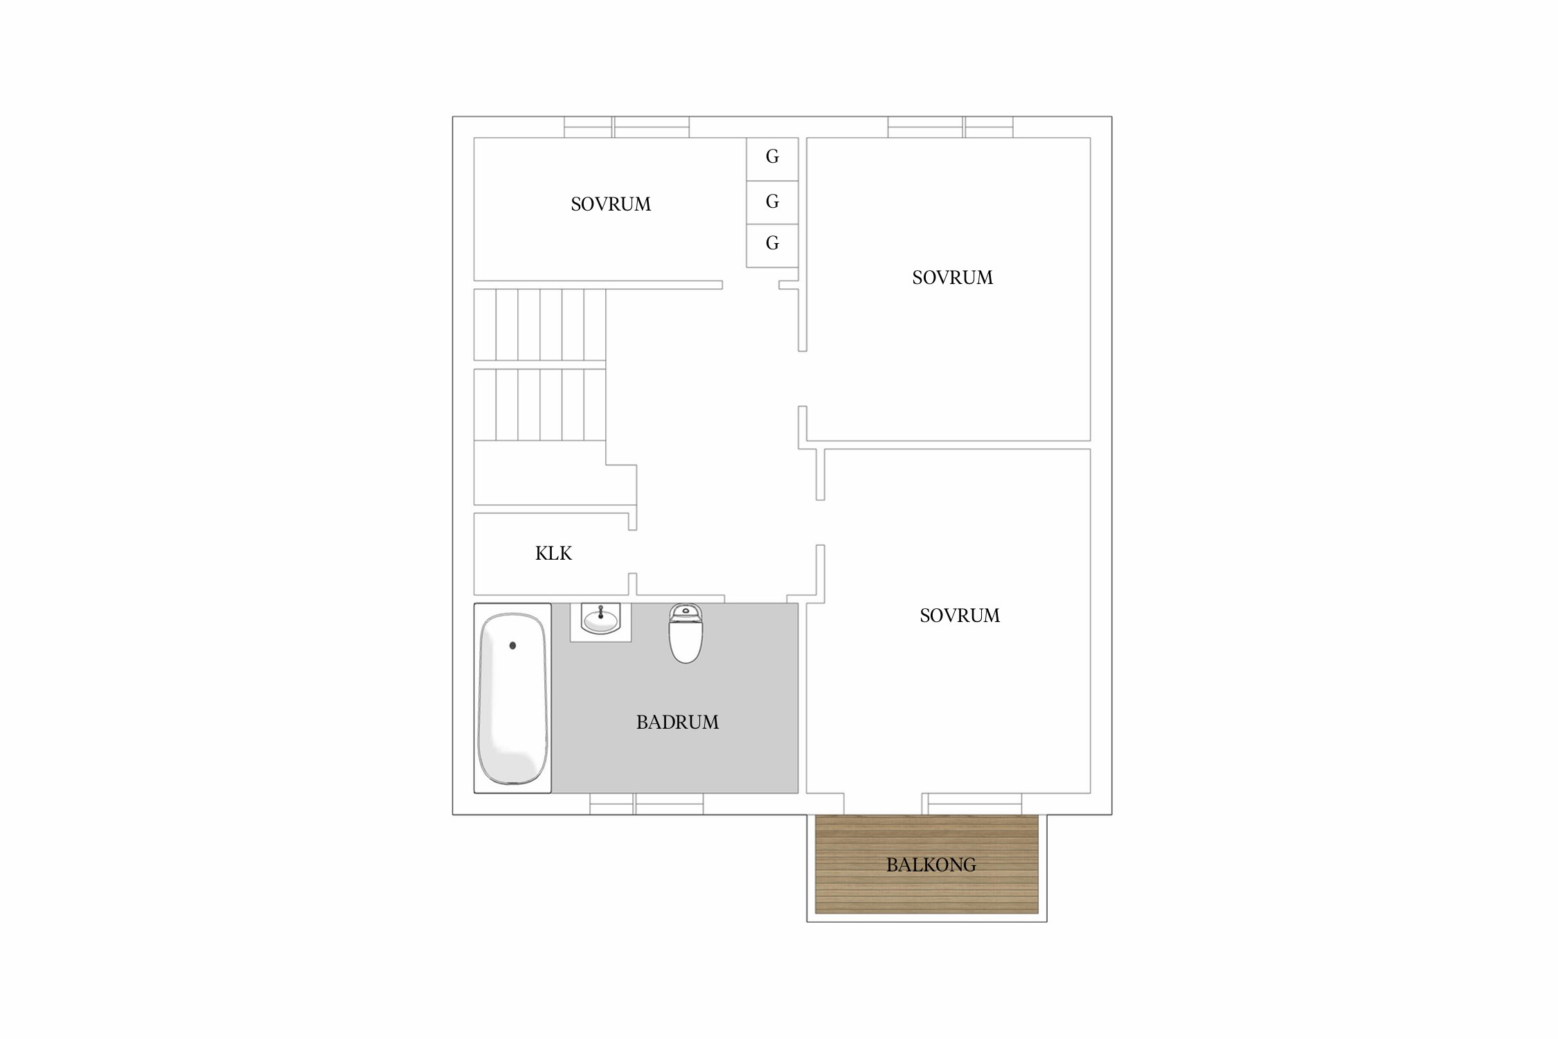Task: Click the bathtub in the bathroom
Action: [x=512, y=698]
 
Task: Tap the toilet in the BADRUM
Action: [x=686, y=633]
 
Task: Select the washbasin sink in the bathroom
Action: [x=600, y=621]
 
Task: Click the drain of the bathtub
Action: [x=512, y=646]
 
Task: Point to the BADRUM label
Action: [x=677, y=722]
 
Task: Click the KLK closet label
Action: [x=553, y=553]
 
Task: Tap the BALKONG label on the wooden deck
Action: [x=931, y=865]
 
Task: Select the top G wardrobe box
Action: [x=772, y=159]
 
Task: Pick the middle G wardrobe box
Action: [x=772, y=202]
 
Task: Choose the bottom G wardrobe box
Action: [x=772, y=245]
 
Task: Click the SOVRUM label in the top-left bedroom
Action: [x=611, y=204]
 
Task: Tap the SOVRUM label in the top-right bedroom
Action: [x=953, y=278]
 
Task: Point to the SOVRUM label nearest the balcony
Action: [x=960, y=616]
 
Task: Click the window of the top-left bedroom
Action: [x=627, y=127]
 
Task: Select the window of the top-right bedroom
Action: [x=951, y=127]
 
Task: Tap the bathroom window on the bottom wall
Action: [x=647, y=803]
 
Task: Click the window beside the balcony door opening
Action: [x=971, y=803]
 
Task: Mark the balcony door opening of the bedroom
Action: [x=883, y=803]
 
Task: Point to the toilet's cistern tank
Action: [x=686, y=610]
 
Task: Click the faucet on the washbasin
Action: [x=600, y=611]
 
